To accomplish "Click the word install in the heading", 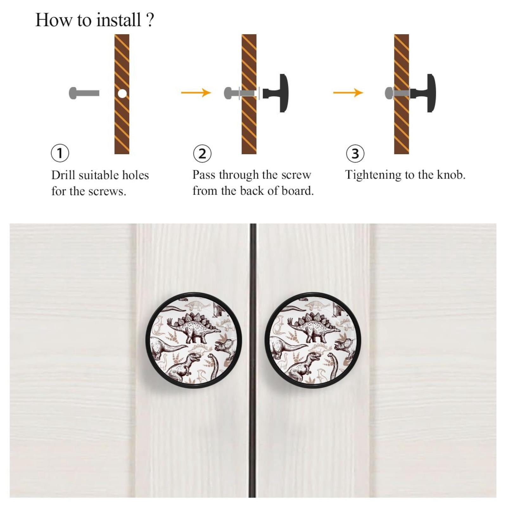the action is [118, 20].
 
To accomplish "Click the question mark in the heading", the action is [150, 20].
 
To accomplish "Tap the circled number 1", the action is [60, 153].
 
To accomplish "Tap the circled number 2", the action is [202, 154].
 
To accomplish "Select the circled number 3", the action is [355, 153].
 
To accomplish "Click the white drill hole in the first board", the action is [122, 93].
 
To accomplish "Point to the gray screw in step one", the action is [84, 93].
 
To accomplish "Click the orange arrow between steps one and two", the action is [196, 92].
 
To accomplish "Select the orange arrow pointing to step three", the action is [348, 92].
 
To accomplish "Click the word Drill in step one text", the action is [63, 175].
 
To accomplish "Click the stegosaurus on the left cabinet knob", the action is [193, 327].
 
